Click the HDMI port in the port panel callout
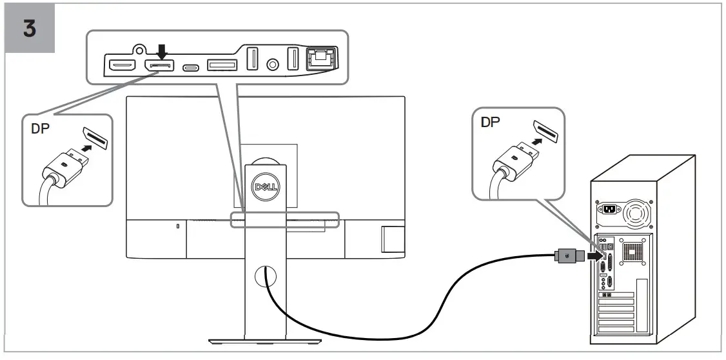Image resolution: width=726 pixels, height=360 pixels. point(121,65)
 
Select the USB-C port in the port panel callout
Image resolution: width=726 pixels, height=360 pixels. point(191,66)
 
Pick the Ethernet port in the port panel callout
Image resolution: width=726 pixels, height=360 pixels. point(320,59)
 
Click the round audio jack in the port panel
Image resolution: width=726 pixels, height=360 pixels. point(273,65)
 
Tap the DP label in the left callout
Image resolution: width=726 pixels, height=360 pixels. point(41,128)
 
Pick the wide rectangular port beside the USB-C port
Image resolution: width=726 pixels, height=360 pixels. point(222,65)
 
